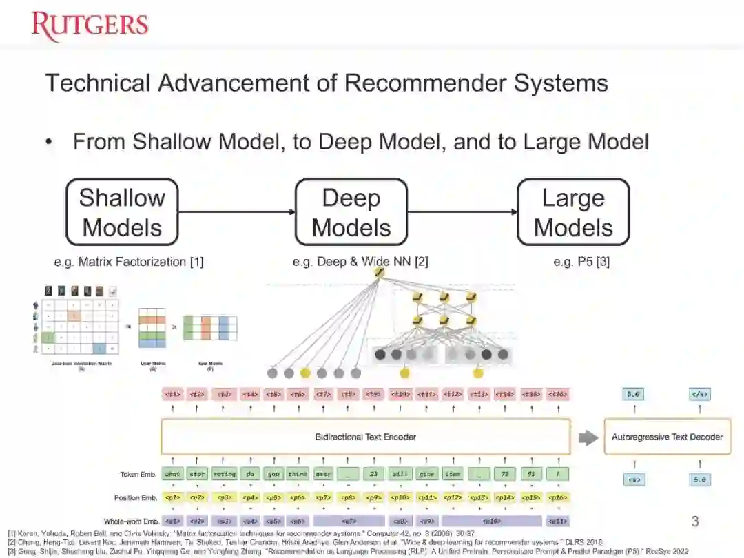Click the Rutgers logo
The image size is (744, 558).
[x=90, y=25]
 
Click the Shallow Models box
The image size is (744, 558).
[x=122, y=212]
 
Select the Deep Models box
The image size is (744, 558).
[x=351, y=212]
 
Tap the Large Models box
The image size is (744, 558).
[x=573, y=212]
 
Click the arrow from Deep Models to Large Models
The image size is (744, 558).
[x=462, y=212]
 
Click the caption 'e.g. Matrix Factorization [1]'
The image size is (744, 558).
[x=129, y=262]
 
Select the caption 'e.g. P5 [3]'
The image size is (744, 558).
[x=581, y=262]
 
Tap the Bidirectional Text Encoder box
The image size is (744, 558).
[x=366, y=436]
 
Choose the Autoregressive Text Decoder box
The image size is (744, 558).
[x=667, y=436]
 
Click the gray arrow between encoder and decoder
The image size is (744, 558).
[x=587, y=437]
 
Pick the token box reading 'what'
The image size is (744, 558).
[x=173, y=474]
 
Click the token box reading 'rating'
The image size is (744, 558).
[x=224, y=474]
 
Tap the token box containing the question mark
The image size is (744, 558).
[x=557, y=474]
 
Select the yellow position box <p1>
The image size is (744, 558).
[x=173, y=497]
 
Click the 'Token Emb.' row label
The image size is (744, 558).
[x=138, y=474]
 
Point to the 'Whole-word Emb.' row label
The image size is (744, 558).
[x=131, y=521]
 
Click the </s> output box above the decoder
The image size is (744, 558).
[x=700, y=395]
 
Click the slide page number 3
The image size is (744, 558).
[x=694, y=521]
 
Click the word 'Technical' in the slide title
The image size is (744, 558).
[x=98, y=83]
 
